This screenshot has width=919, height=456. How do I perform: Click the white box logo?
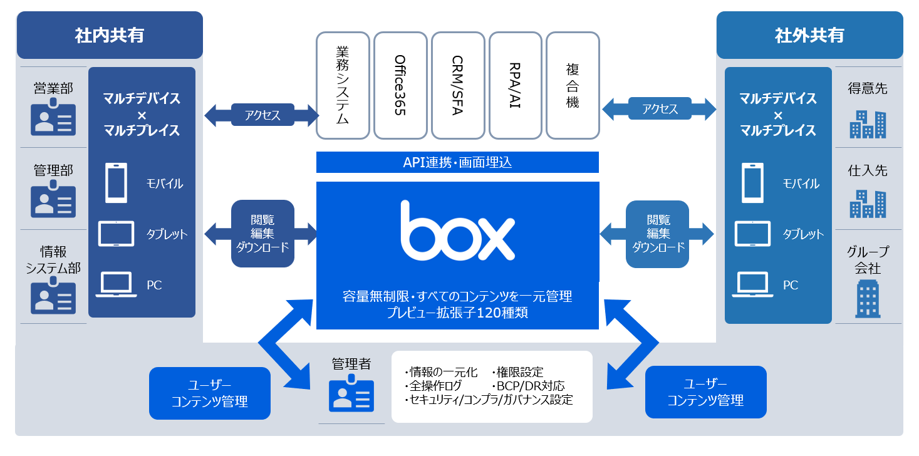tap(457, 232)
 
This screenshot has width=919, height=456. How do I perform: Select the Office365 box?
tap(400, 85)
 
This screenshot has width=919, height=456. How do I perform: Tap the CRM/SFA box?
tap(458, 85)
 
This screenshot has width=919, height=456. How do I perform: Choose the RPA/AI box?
tap(515, 85)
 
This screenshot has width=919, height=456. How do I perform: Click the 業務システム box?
tap(343, 85)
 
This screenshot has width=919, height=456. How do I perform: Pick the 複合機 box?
tap(573, 85)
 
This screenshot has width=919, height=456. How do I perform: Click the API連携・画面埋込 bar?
tap(457, 162)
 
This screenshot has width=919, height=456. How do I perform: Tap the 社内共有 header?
tap(110, 35)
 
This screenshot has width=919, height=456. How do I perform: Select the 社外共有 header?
tap(809, 35)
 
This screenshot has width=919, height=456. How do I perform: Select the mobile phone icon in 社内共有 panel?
tap(116, 183)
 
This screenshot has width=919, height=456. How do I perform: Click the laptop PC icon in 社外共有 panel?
tap(752, 284)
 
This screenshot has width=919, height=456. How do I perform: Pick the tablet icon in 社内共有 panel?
tap(116, 234)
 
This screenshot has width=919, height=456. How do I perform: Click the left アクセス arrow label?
tap(262, 115)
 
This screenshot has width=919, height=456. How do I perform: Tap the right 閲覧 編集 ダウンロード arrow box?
tap(657, 234)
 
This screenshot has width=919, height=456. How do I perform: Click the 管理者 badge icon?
tap(351, 394)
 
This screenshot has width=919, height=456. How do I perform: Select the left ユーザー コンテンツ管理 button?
tap(210, 393)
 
